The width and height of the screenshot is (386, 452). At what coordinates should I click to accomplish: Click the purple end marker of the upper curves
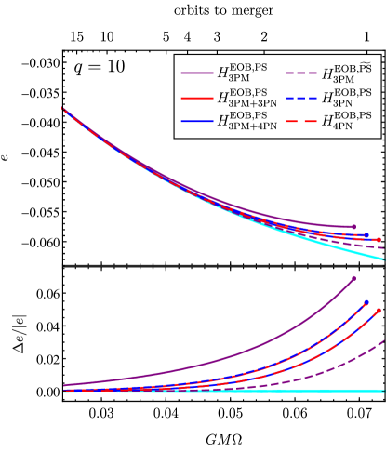(354, 226)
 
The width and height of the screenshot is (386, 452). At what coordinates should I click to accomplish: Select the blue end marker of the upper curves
(366, 235)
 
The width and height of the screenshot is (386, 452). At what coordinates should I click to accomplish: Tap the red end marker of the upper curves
(379, 240)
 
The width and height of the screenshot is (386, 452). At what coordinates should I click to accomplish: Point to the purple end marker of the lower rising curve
(354, 277)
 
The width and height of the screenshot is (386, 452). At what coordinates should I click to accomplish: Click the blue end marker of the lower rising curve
(366, 301)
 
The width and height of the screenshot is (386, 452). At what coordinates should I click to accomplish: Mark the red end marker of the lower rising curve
(379, 311)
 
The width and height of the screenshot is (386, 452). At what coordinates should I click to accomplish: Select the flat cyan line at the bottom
(223, 392)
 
